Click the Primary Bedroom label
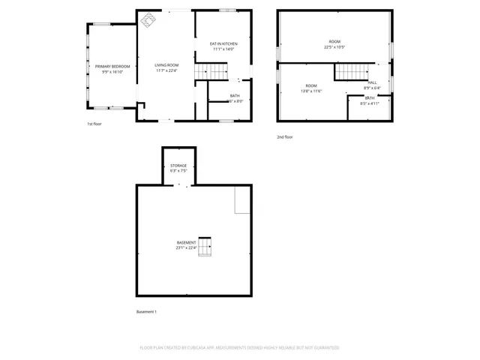tap(112, 67)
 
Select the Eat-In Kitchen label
tap(223, 44)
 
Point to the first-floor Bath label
tap(235, 95)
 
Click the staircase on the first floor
tap(211, 71)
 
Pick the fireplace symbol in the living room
tap(148, 19)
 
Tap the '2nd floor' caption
tap(284, 136)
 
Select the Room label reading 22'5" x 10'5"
tap(334, 41)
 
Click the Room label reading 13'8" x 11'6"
tap(310, 85)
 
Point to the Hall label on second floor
tap(373, 83)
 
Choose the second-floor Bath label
tap(370, 98)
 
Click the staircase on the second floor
tap(348, 72)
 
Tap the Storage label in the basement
tap(178, 165)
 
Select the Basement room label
tap(186, 242)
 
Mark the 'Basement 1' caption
tap(146, 311)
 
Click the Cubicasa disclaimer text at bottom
tap(239, 347)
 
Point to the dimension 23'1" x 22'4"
tap(186, 248)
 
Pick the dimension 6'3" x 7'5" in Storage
tap(178, 171)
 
